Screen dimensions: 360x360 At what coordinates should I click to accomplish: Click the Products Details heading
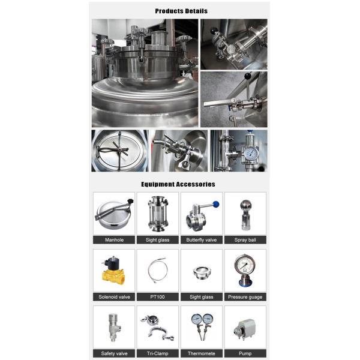(180, 11)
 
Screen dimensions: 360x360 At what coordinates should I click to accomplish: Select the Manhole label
(114, 240)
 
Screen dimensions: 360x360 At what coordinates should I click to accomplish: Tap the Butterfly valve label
(202, 240)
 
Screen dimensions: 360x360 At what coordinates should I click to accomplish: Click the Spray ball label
(245, 240)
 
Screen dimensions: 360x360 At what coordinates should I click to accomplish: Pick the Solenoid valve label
(114, 296)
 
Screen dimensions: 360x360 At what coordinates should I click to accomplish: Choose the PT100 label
(158, 296)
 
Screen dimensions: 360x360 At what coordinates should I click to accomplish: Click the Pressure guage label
(245, 296)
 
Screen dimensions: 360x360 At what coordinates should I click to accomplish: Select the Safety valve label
(114, 353)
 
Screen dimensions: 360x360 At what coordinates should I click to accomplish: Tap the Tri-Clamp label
(158, 353)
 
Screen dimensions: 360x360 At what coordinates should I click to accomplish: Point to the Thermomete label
(202, 353)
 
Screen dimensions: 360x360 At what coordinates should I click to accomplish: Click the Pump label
(245, 353)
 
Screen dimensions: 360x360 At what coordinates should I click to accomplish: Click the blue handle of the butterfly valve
(215, 205)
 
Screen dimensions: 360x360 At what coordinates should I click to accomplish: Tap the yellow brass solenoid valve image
(113, 271)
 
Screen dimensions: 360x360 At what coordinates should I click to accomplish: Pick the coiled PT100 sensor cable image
(157, 271)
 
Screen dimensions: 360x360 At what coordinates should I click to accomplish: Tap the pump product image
(245, 328)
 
